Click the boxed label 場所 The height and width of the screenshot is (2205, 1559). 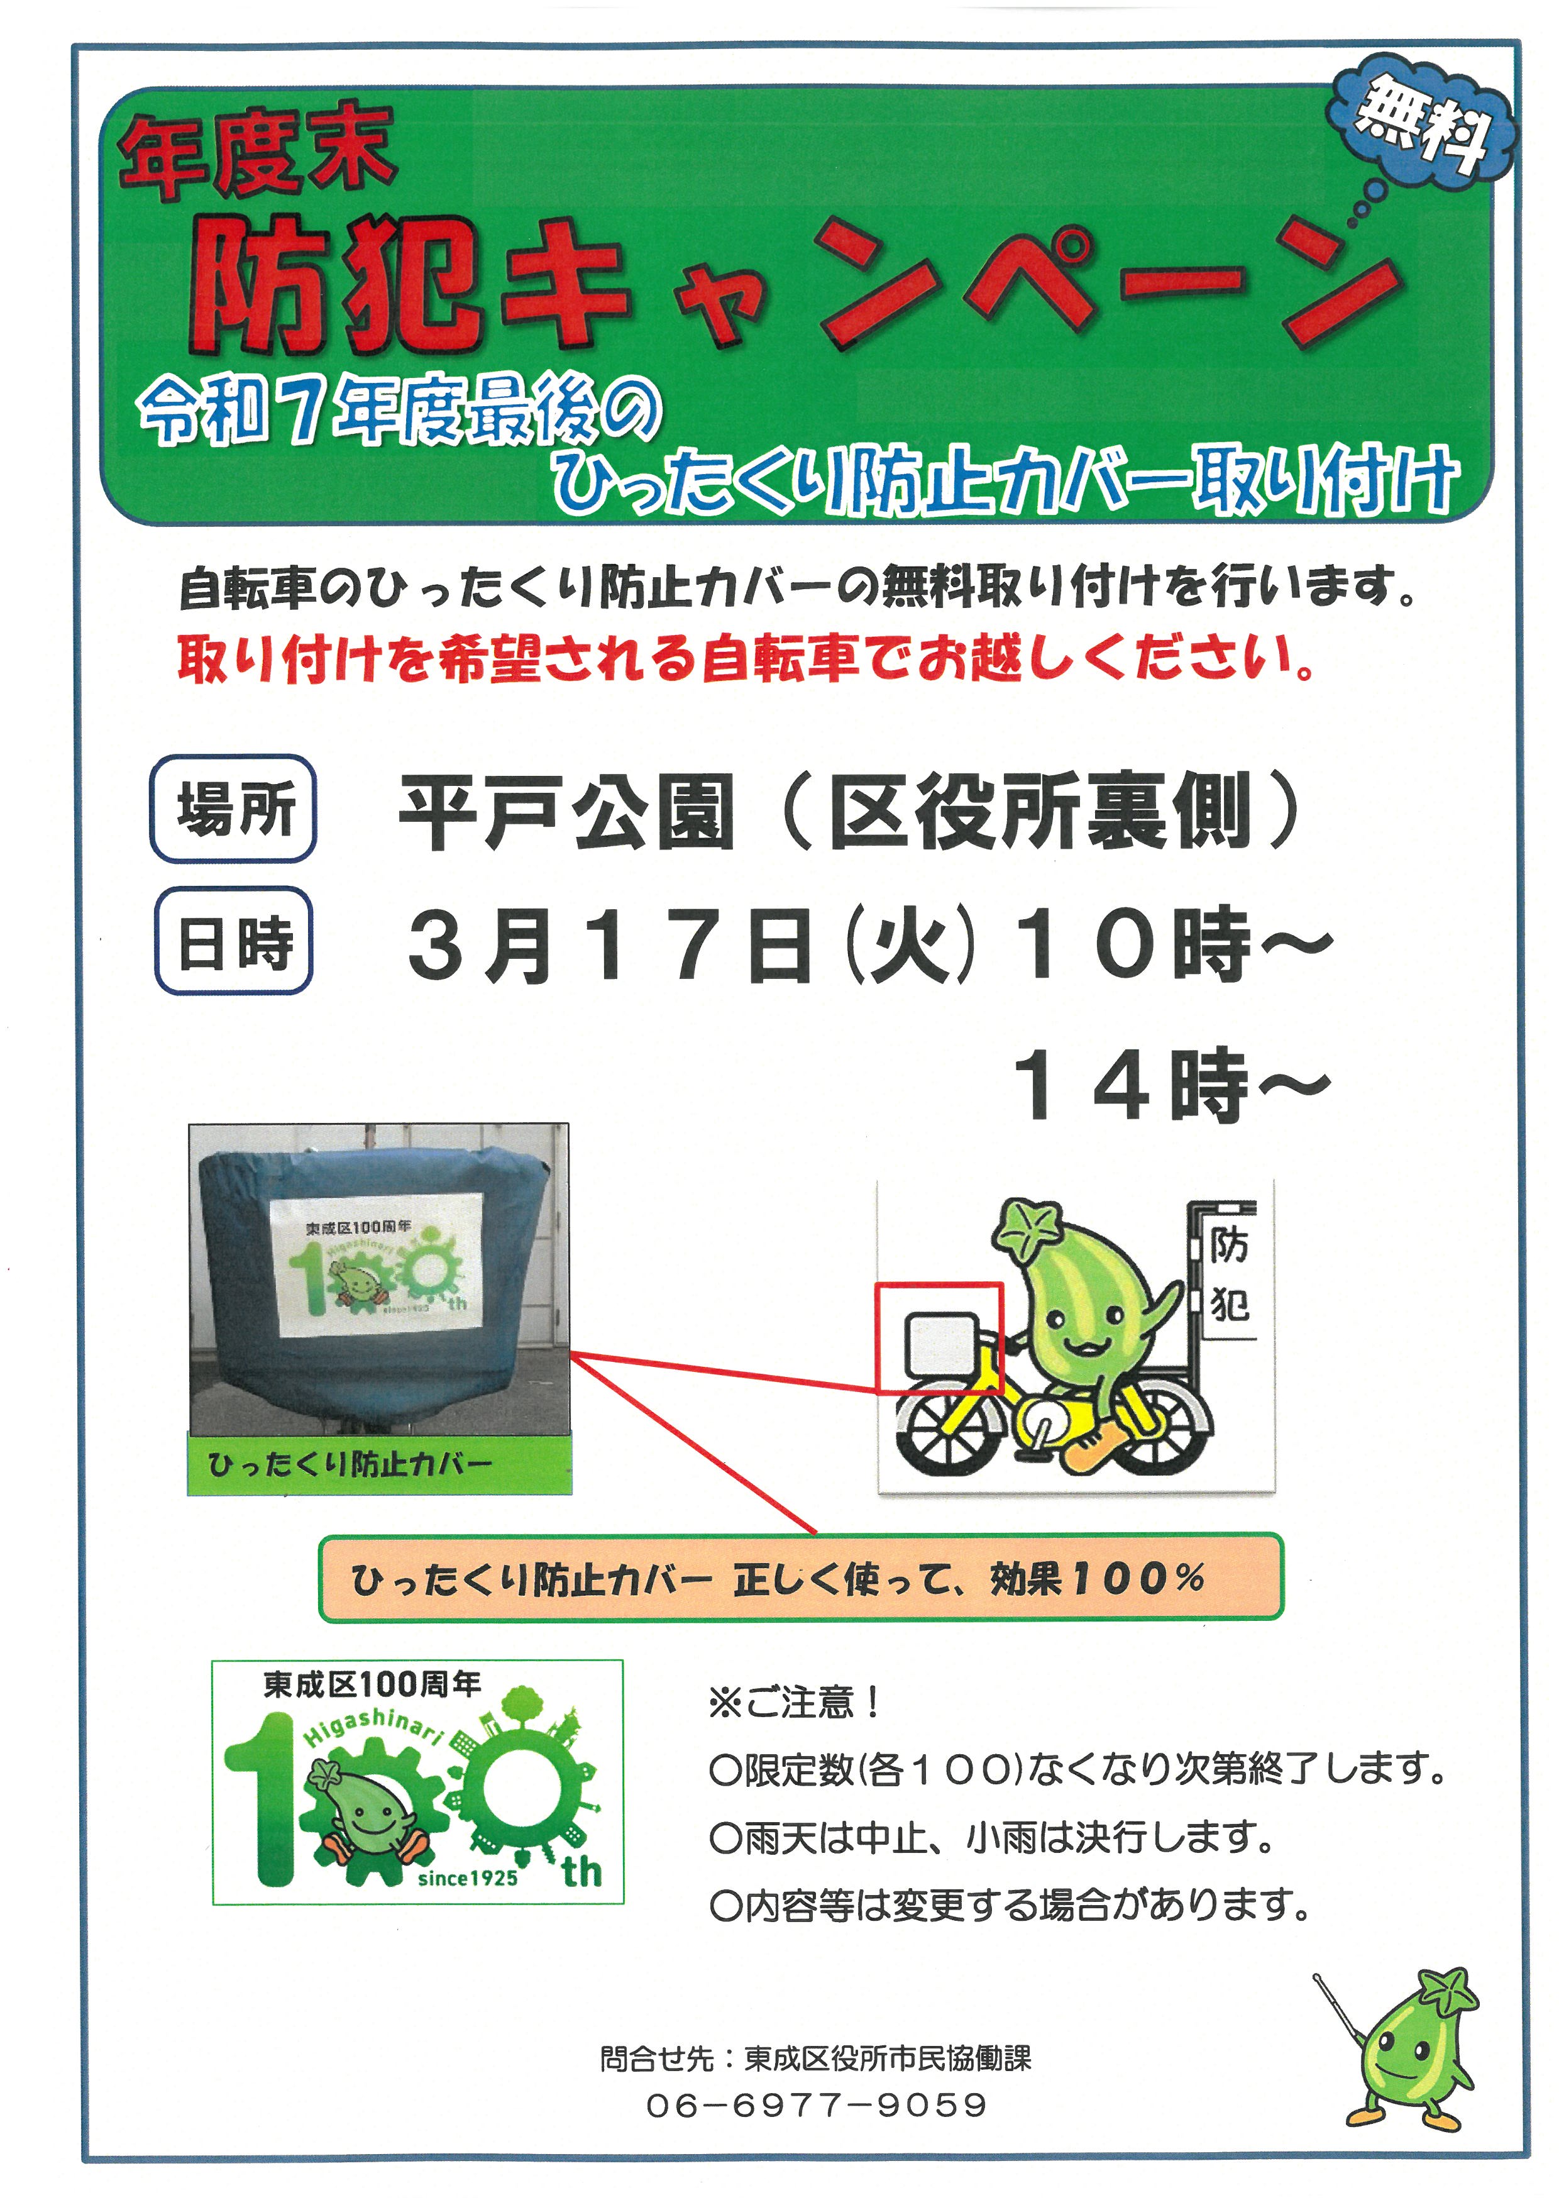click(233, 809)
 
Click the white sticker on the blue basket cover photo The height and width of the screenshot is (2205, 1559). click(377, 1265)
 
